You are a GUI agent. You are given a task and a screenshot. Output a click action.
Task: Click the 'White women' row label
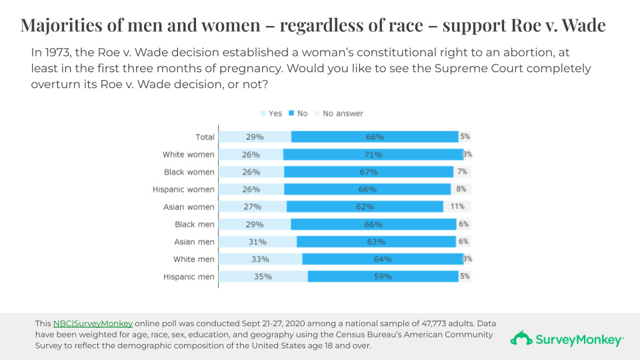pos(189,155)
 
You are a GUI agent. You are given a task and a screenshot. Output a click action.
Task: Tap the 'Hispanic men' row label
pos(189,277)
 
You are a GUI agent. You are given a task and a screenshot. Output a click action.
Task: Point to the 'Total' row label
pos(205,137)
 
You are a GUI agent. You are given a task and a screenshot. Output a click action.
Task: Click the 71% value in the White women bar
pos(373,155)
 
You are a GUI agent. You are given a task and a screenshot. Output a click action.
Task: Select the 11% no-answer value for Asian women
pos(457,207)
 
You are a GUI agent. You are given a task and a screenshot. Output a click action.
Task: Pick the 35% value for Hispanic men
pos(262,277)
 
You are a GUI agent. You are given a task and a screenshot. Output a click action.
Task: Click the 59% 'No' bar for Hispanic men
pos(383,277)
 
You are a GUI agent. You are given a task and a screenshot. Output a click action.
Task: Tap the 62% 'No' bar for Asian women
pos(365,207)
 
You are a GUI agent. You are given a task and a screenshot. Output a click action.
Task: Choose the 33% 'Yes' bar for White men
pos(261,259)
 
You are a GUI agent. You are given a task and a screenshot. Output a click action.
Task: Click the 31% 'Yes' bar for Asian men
pos(258,242)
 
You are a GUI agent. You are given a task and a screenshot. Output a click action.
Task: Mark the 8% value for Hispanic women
pos(461,189)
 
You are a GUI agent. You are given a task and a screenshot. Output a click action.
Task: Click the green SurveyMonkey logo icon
pos(521,339)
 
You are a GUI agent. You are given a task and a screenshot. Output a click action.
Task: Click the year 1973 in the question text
pos(54,52)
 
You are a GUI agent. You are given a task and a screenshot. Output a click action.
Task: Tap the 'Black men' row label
pos(194,225)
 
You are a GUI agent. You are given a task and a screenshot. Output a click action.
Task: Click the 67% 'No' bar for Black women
pos(368,172)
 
